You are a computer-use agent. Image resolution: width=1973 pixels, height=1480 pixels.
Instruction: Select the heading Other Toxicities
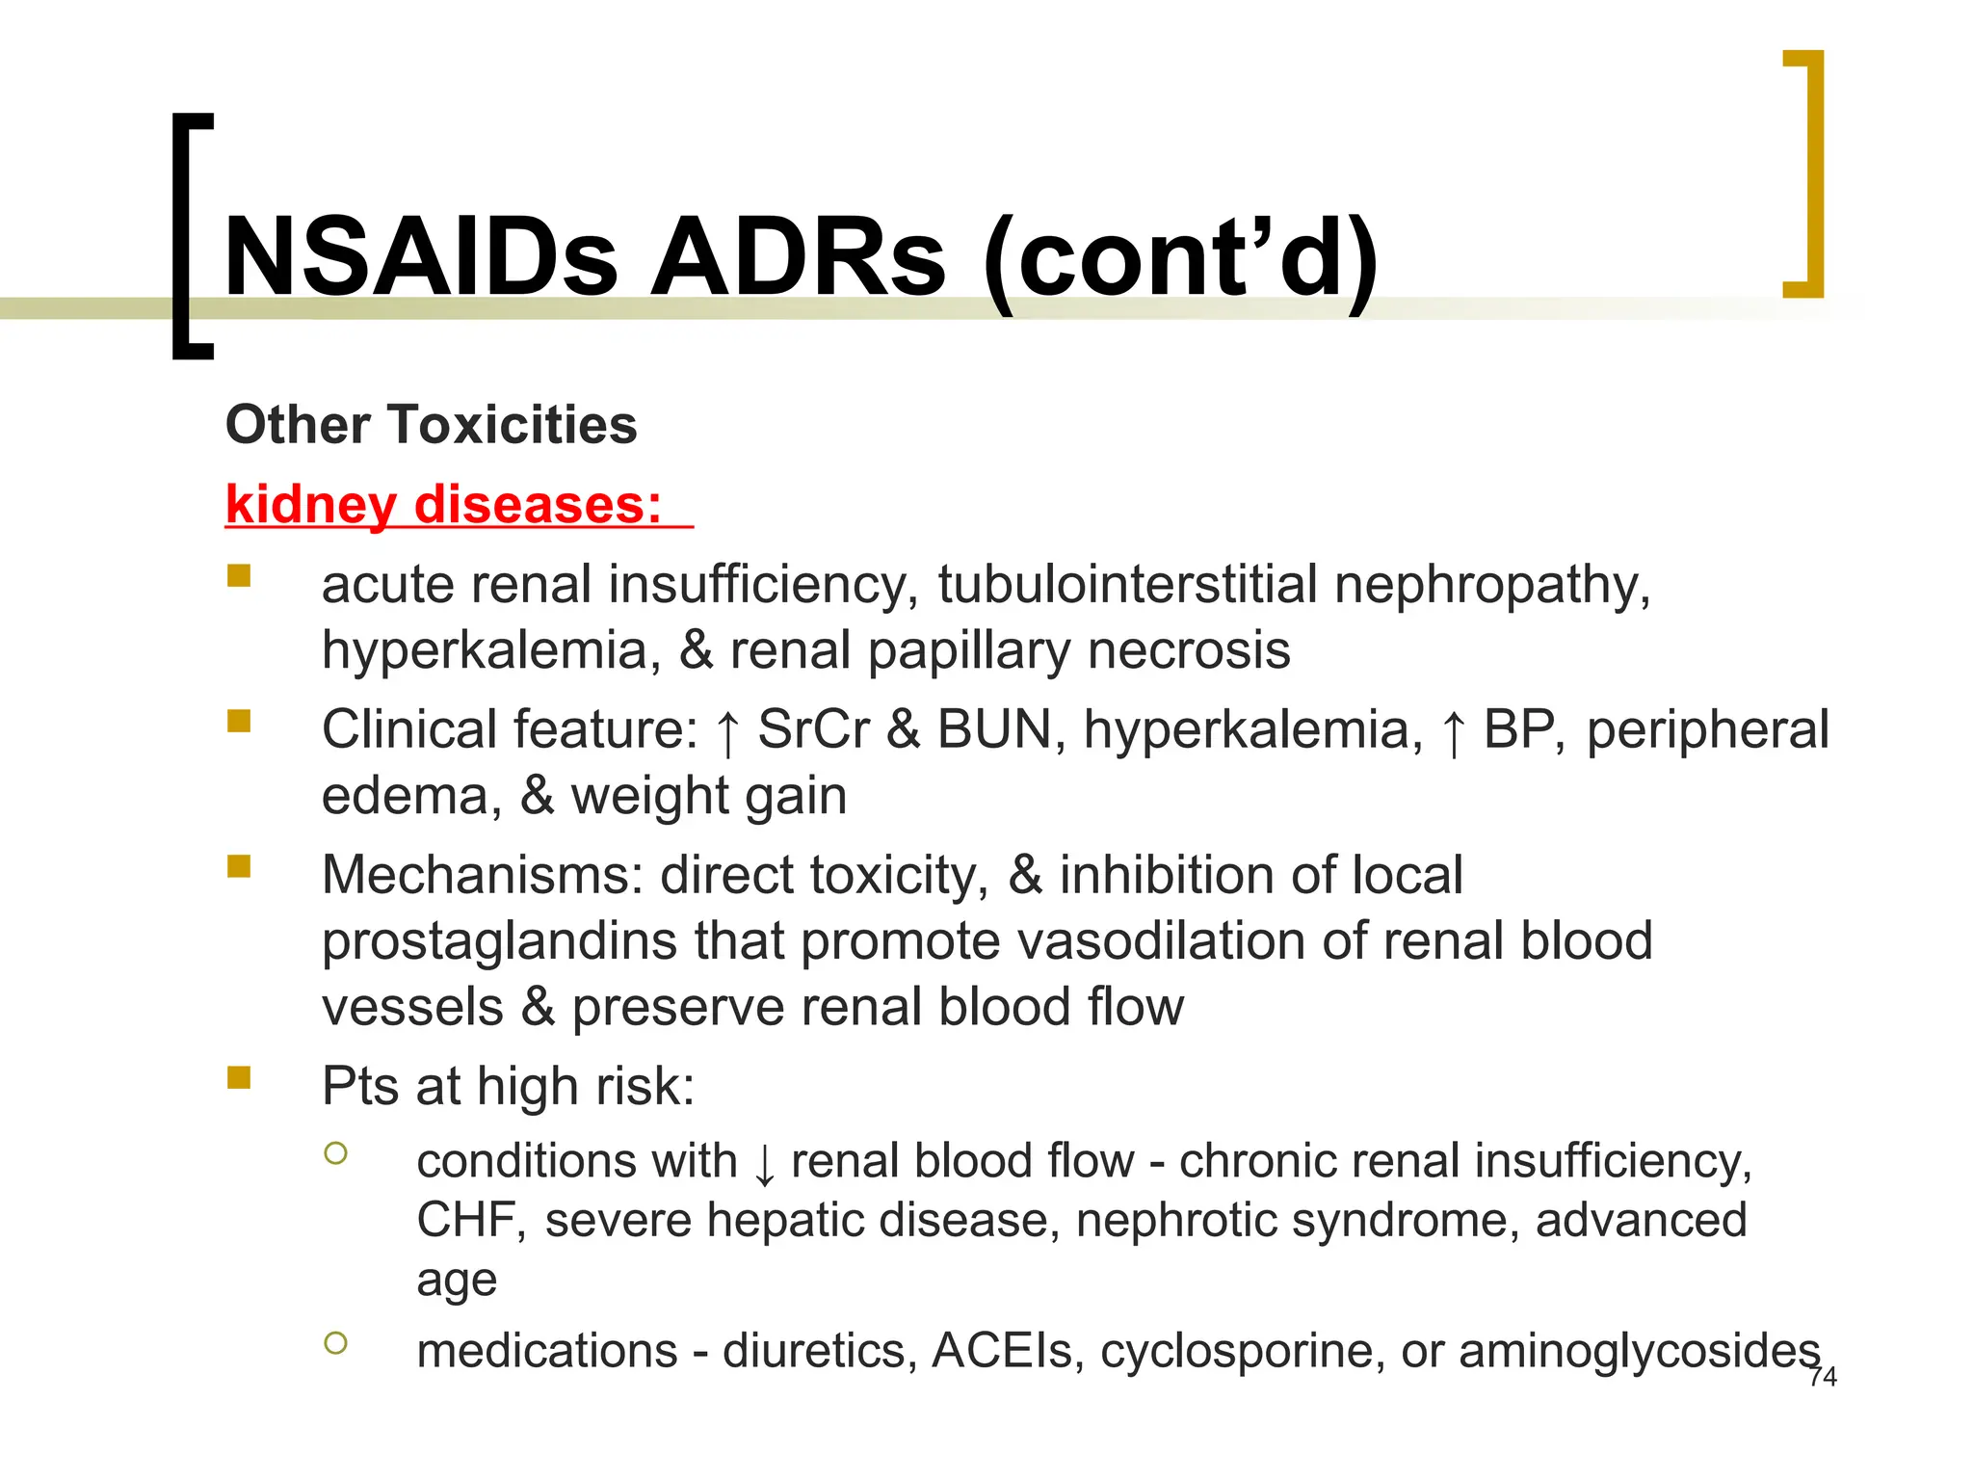pos(431,425)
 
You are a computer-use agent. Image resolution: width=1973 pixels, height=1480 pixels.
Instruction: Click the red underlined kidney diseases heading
pos(444,505)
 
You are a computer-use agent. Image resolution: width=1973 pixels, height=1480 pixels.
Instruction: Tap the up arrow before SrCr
pos(728,732)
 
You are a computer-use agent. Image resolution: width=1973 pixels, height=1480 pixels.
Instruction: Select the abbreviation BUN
pos(993,729)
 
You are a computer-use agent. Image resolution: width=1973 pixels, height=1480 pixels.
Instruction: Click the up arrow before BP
pos(1453,732)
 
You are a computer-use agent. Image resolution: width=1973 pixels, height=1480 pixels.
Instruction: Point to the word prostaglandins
pos(499,941)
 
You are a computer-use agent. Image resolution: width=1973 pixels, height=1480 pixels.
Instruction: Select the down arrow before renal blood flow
pos(764,1164)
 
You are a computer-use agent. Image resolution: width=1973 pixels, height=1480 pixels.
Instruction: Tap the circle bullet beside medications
pos(335,1342)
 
